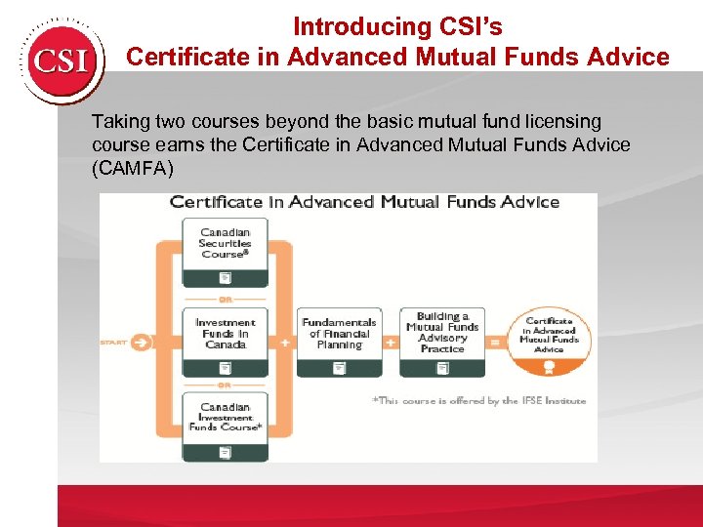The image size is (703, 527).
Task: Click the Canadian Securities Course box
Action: click(x=226, y=251)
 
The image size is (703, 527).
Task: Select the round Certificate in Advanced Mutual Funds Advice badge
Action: click(x=549, y=342)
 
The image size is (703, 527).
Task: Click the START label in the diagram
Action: click(x=114, y=343)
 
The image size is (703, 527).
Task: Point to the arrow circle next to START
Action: click(x=142, y=343)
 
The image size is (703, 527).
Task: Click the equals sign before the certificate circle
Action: click(x=495, y=343)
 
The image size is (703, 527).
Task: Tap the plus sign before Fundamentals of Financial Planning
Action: click(x=285, y=343)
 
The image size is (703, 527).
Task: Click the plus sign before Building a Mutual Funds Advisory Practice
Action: click(x=390, y=343)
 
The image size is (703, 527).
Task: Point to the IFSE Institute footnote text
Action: click(x=478, y=401)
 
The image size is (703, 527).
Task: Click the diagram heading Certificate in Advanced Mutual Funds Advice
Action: click(x=364, y=202)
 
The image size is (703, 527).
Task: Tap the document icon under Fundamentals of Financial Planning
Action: click(x=339, y=368)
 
